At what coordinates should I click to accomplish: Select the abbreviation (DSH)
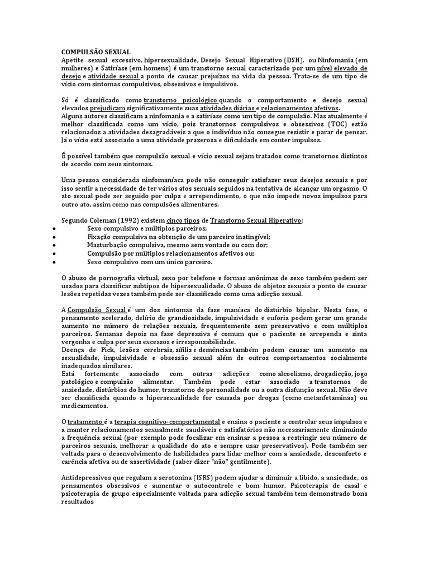tap(290, 60)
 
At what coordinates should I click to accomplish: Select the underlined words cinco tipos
tap(182, 220)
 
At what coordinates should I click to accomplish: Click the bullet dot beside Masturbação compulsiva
tap(53, 245)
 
